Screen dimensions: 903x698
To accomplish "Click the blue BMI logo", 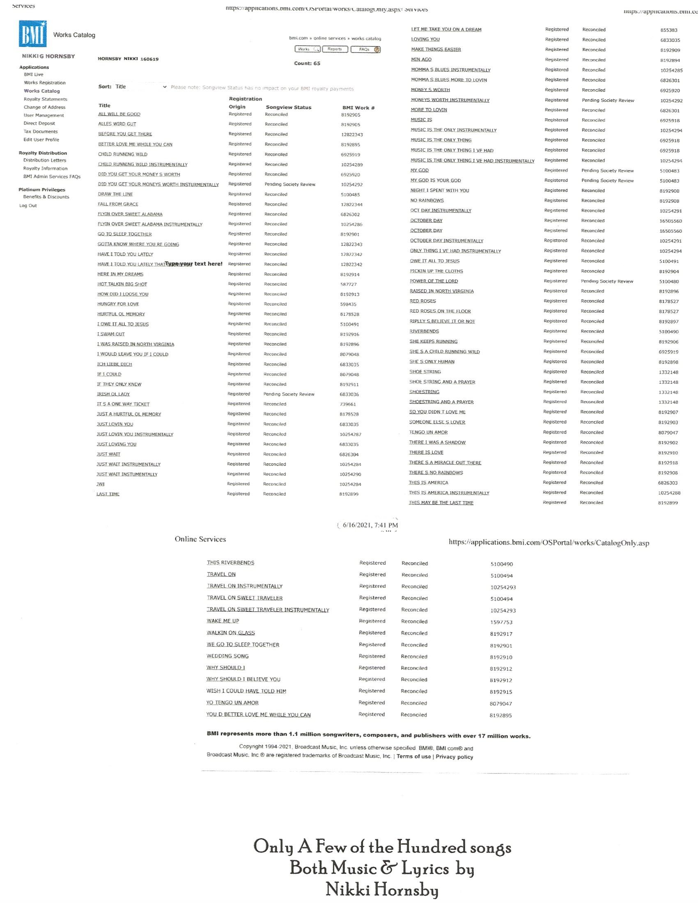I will point(33,34).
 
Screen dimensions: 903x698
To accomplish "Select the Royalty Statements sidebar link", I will point(46,99).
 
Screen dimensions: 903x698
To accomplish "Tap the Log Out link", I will point(28,206).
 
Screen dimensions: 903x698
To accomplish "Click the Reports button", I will point(335,49).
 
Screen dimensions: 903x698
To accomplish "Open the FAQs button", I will point(365,50).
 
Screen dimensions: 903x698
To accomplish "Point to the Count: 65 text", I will point(307,63).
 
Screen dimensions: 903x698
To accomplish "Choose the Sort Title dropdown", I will point(140,87).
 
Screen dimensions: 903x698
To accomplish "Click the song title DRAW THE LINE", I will point(115,194).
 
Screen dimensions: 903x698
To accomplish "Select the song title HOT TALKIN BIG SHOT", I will point(122,284).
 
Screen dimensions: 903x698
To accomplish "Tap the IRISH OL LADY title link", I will point(113,394).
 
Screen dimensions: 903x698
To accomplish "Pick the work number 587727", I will point(349,284).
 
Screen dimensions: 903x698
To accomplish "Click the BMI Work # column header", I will point(358,108).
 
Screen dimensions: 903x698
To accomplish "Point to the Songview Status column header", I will point(288,108).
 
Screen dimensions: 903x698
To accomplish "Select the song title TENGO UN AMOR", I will point(428,433).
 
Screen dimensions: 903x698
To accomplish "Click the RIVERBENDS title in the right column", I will point(424,332).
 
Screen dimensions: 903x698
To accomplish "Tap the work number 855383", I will point(668,30).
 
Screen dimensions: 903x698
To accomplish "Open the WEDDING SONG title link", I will point(227,656).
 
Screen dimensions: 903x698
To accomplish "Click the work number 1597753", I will point(501,622).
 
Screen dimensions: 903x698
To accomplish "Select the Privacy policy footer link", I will point(454,756).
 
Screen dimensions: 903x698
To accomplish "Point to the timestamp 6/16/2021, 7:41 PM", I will point(370,525).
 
